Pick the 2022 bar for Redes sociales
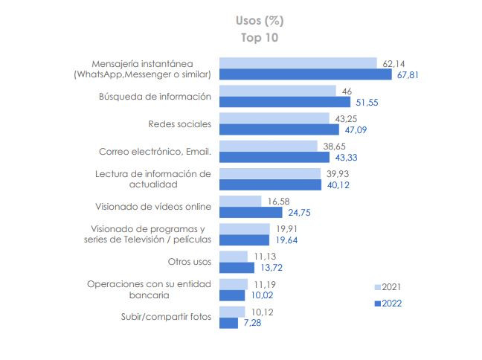[x=279, y=129]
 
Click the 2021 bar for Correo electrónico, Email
[x=268, y=146]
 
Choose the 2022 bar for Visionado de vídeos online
[x=251, y=213]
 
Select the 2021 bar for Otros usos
[x=233, y=257]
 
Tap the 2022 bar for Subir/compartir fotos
[x=228, y=323]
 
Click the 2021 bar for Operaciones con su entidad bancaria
[x=233, y=284]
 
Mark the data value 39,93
[x=335, y=173]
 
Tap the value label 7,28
[x=254, y=323]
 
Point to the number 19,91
[x=286, y=228]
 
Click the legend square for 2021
[x=377, y=286]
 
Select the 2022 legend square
[x=377, y=303]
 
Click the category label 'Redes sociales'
[x=181, y=124]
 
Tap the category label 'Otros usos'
[x=190, y=262]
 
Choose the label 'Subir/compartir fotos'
[x=166, y=317]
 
